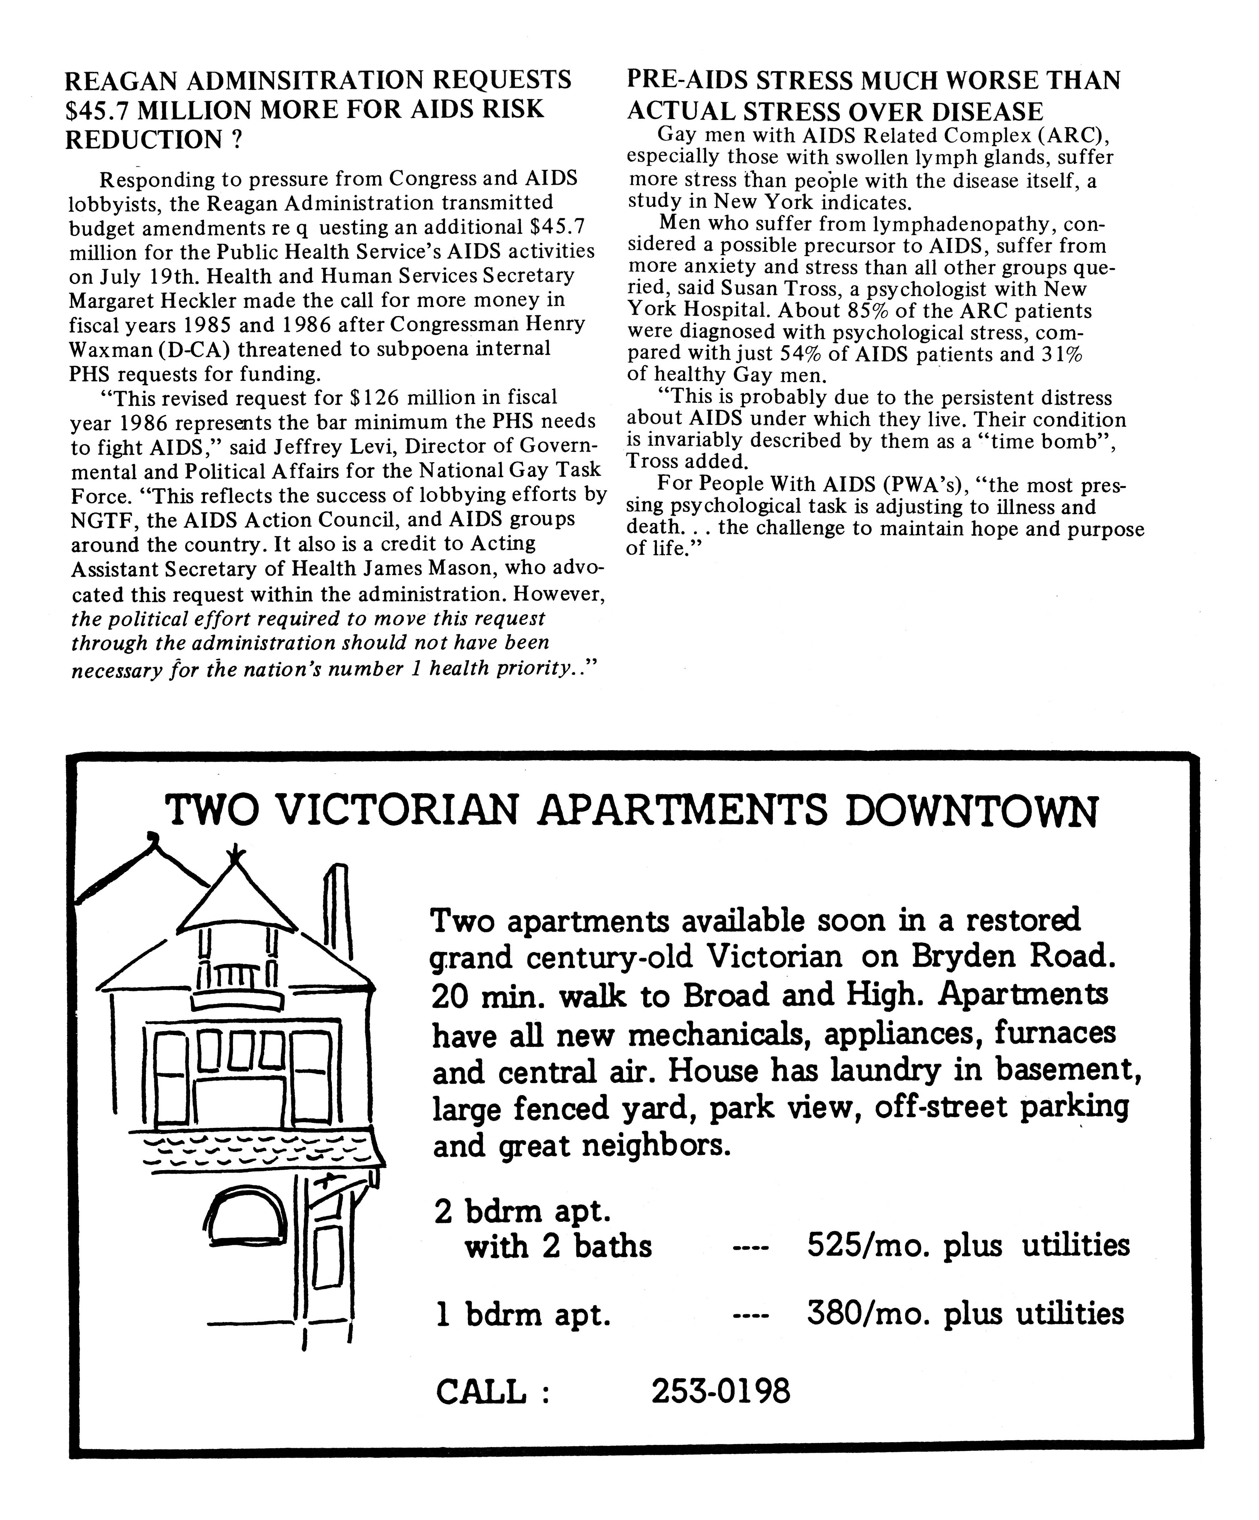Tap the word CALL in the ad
(481, 1392)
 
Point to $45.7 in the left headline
(98, 109)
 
